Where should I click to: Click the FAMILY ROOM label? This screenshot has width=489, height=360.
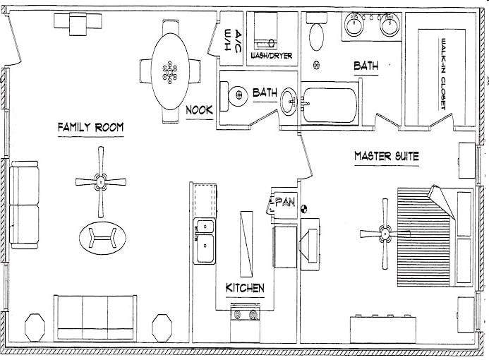click(90, 127)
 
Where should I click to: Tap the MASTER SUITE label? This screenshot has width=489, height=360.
click(386, 156)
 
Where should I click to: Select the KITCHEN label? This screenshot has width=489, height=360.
click(245, 288)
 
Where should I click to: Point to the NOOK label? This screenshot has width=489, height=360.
click(200, 110)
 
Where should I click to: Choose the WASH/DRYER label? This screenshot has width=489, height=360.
click(271, 56)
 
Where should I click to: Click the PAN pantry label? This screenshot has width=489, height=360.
click(284, 203)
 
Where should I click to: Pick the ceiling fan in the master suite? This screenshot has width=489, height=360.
click(385, 232)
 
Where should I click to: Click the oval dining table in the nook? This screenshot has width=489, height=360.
click(169, 70)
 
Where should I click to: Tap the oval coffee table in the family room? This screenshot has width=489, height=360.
click(104, 237)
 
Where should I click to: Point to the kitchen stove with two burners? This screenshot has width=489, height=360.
click(246, 315)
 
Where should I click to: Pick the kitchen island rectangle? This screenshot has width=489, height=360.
click(246, 243)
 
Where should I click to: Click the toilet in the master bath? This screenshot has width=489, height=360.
click(316, 32)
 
